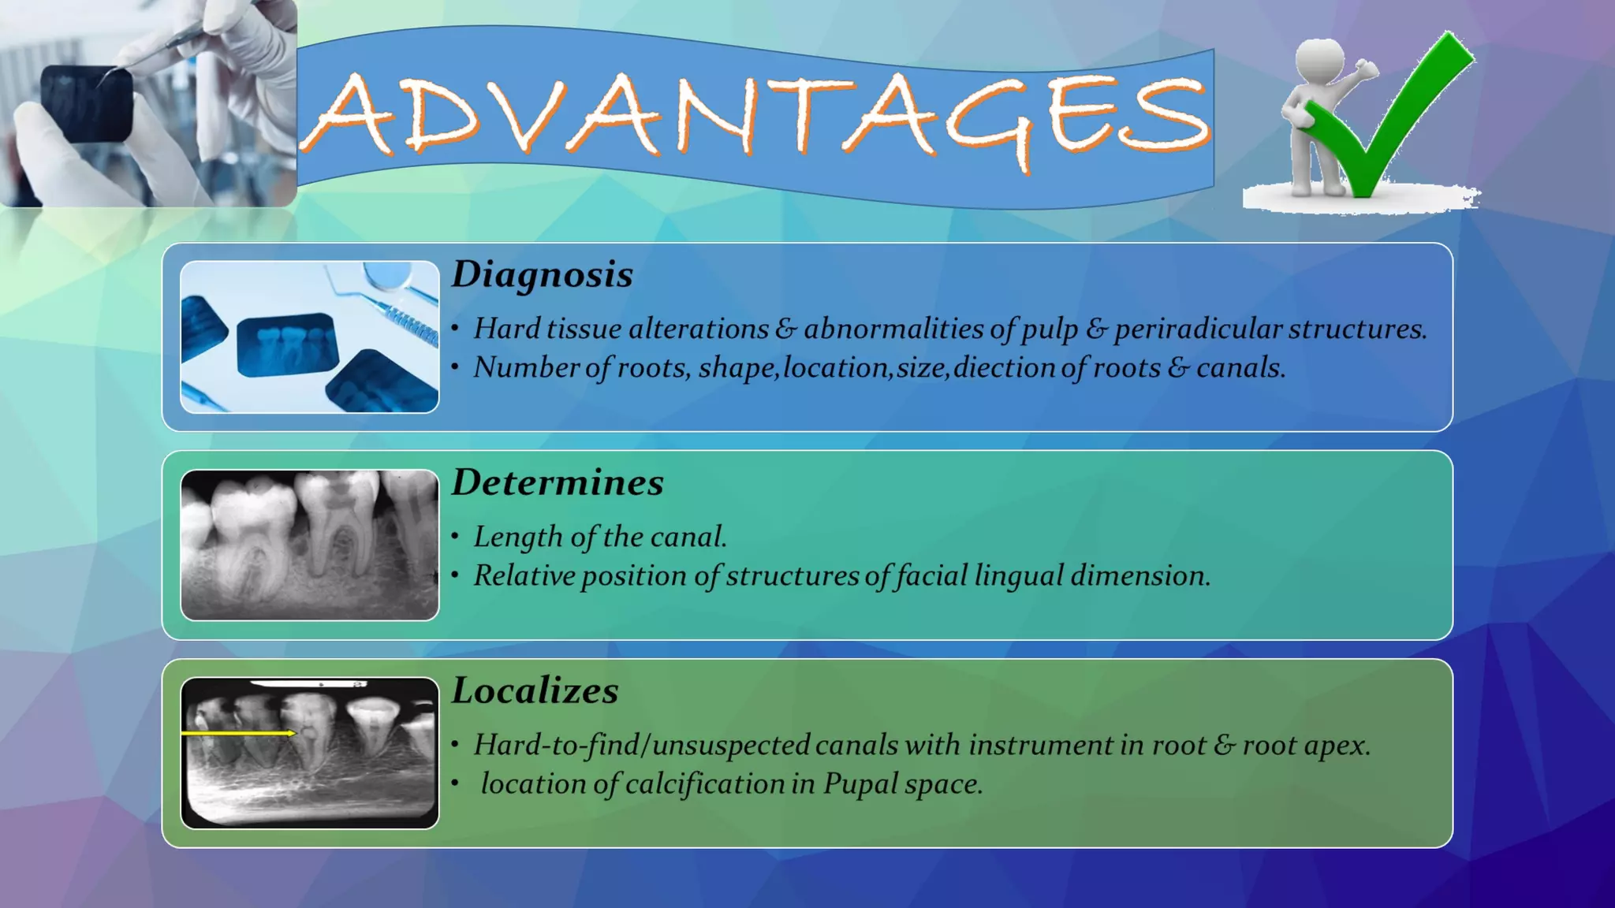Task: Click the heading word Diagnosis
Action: click(x=542, y=275)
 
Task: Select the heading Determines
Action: click(x=557, y=482)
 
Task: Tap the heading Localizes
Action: click(x=535, y=691)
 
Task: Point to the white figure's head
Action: click(x=1319, y=58)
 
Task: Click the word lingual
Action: click(x=1018, y=576)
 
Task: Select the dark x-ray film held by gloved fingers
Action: click(x=86, y=102)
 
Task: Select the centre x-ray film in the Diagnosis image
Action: click(x=288, y=344)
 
